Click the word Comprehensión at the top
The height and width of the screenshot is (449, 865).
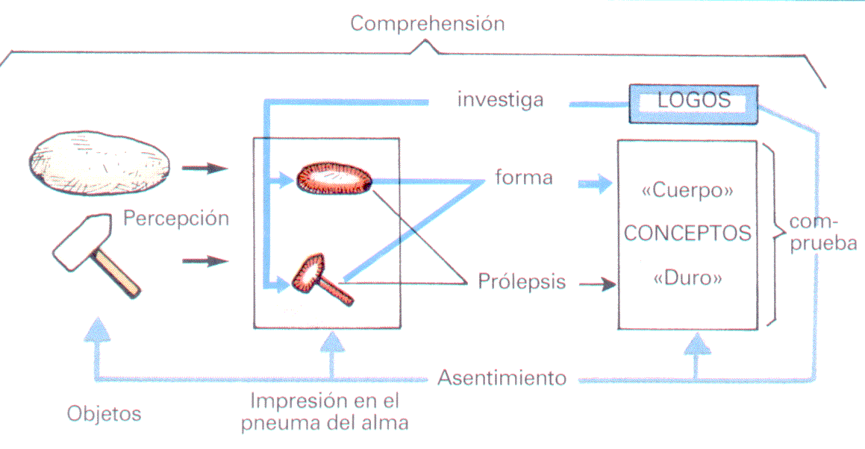click(x=427, y=24)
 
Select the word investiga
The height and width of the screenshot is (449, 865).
click(x=500, y=100)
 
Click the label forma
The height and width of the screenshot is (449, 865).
click(x=523, y=178)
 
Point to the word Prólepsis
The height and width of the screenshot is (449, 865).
click(x=522, y=283)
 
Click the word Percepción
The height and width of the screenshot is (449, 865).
click(x=176, y=219)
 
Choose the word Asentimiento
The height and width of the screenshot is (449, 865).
click(x=502, y=377)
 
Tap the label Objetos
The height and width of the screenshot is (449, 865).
click(x=104, y=412)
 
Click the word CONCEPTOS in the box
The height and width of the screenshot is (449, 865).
click(x=687, y=233)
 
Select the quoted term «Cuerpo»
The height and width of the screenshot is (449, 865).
click(x=687, y=190)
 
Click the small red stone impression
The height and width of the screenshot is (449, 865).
click(x=334, y=179)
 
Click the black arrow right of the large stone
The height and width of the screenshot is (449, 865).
click(x=204, y=168)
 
